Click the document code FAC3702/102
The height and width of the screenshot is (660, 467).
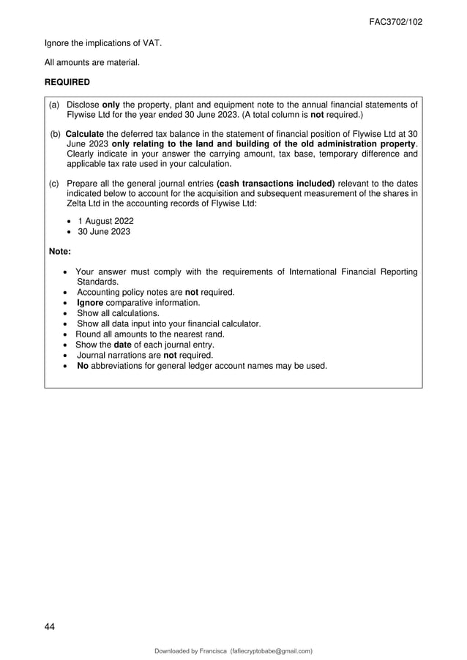pyautogui.click(x=395, y=22)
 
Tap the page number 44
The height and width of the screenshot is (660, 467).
pyautogui.click(x=49, y=626)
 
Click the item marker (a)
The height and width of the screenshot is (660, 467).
pyautogui.click(x=54, y=105)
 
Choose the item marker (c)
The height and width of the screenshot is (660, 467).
pyautogui.click(x=54, y=183)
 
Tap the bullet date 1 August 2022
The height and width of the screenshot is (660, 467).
pyautogui.click(x=105, y=221)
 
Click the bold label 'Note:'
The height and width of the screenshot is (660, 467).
pyautogui.click(x=59, y=252)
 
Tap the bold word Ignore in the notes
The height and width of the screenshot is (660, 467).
pyautogui.click(x=91, y=302)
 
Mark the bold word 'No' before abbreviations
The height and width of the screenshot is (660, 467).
pyautogui.click(x=83, y=365)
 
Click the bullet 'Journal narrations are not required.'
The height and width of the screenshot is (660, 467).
pyautogui.click(x=145, y=355)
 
